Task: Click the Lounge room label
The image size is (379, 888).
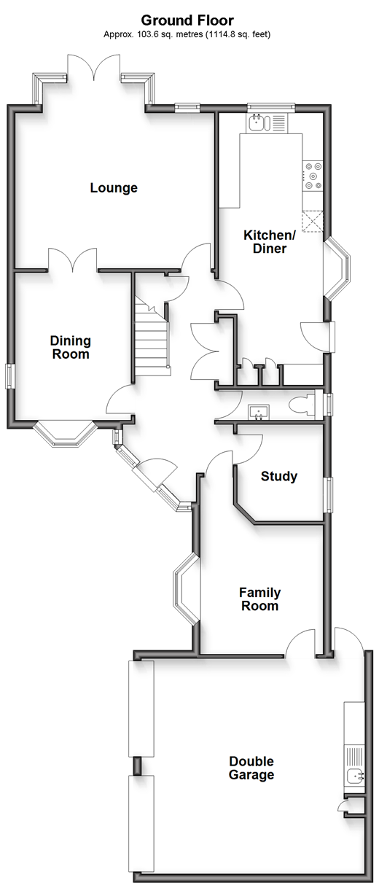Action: (114, 187)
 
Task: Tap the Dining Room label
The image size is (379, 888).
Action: (71, 347)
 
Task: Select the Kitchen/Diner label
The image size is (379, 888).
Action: (270, 241)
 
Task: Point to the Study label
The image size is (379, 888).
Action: (279, 475)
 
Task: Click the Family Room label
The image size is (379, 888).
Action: (259, 599)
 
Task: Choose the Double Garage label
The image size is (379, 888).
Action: (251, 768)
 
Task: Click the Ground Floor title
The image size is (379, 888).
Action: (187, 20)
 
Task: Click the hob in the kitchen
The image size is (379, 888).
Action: (313, 175)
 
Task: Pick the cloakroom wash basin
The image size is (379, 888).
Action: (259, 412)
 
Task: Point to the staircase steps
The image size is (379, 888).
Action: (152, 341)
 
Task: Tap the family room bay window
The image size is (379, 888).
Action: (186, 588)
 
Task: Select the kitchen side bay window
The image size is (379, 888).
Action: (337, 268)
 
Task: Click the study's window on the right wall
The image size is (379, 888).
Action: (329, 494)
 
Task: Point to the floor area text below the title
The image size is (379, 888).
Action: (187, 34)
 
